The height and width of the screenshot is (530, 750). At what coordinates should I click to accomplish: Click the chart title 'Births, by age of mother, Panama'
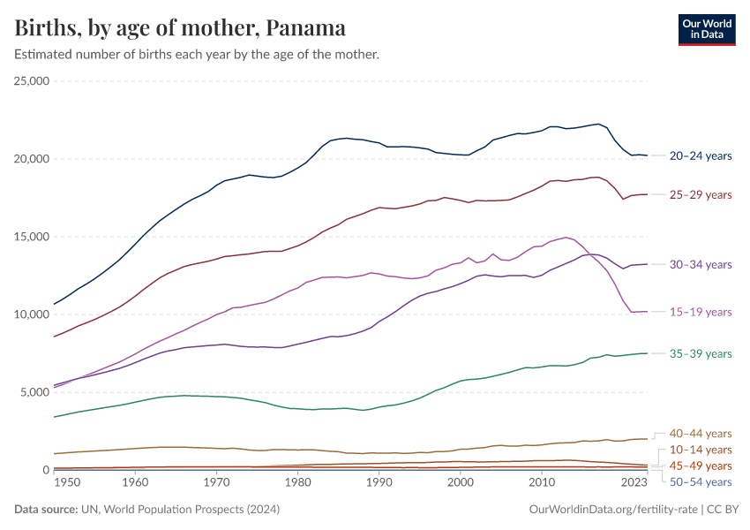point(180,27)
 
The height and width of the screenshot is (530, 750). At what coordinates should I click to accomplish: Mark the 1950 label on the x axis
point(67,483)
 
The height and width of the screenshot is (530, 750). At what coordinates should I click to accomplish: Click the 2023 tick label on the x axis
point(634,483)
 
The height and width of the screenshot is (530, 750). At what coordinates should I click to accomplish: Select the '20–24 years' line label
point(701,156)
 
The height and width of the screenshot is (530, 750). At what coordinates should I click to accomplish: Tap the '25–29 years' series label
point(701,194)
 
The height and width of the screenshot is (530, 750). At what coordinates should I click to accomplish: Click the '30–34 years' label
point(701,264)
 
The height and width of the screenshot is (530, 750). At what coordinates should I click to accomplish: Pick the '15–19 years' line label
point(701,312)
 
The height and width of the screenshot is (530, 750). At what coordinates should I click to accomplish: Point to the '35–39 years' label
point(701,353)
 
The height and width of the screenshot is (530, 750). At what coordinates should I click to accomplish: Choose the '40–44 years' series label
point(701,434)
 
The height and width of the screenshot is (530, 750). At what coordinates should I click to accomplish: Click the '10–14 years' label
point(701,450)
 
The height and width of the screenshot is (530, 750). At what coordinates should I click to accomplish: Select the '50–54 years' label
point(701,481)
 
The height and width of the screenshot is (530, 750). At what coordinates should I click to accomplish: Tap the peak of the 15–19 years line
point(566,237)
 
